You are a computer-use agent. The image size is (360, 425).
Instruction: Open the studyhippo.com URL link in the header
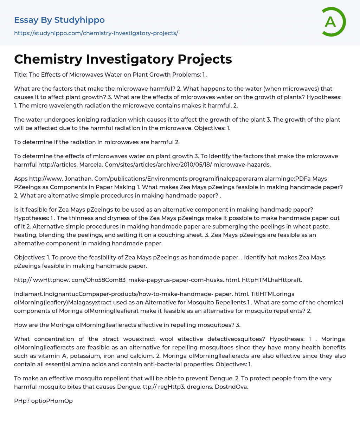click(96, 33)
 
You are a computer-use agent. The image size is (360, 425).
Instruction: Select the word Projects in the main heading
click(205, 59)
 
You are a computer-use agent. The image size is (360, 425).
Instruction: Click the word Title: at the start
click(20, 75)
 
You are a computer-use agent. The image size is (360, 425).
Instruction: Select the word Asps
click(21, 179)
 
